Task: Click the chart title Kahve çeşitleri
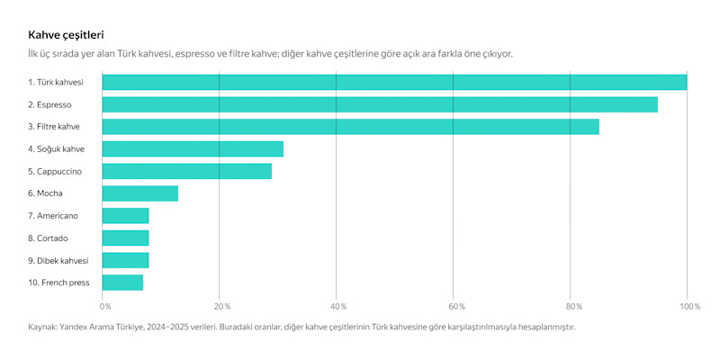66,35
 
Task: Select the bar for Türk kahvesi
394,82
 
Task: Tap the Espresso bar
380,104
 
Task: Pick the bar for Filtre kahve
350,127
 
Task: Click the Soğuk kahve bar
193,149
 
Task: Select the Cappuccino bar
186,171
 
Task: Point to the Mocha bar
139,193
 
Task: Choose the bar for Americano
125,216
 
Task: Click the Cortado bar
125,238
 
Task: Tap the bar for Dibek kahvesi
125,260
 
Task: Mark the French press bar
122,283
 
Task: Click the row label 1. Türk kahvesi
55,82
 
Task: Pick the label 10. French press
58,283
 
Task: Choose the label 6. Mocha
45,193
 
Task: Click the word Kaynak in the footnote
44,327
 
